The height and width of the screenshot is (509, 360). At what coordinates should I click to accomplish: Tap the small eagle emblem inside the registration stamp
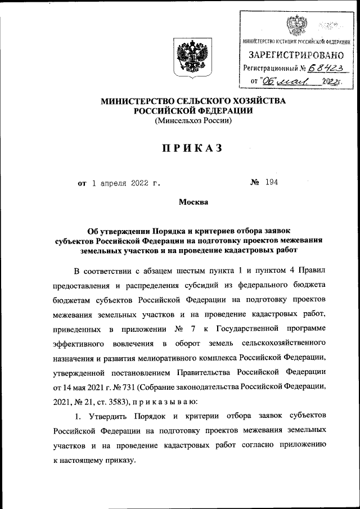[x=294, y=25]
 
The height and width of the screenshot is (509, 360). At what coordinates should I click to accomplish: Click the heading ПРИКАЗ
[x=193, y=148]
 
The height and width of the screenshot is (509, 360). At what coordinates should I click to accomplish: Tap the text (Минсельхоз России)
[x=193, y=120]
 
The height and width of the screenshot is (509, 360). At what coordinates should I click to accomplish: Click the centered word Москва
[x=193, y=202]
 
